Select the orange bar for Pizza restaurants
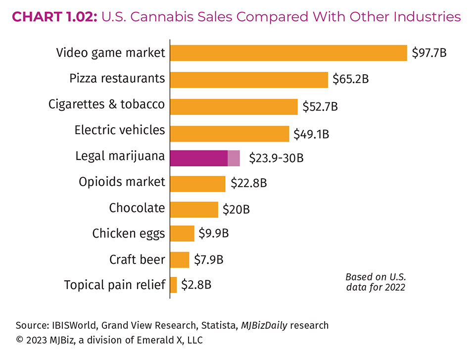(249, 79)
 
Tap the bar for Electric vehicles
(230, 133)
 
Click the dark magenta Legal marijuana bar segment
(198, 158)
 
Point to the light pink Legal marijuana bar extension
(234, 158)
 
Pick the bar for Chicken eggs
(182, 233)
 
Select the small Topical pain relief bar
(173, 285)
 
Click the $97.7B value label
(429, 52)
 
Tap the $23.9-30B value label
(276, 158)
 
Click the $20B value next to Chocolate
(236, 209)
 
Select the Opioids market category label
(122, 182)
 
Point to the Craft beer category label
(137, 259)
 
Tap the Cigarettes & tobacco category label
(106, 104)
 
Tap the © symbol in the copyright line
(20, 340)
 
